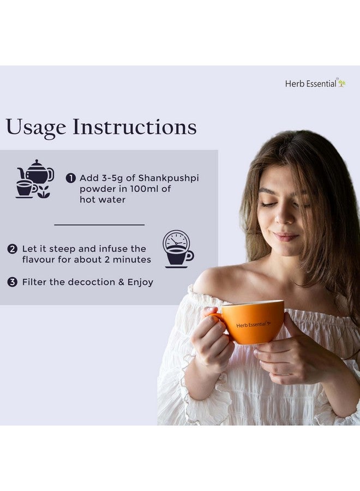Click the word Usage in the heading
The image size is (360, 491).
tap(36, 127)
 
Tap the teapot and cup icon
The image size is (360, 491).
tap(34, 179)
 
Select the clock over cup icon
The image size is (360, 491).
tap(178, 249)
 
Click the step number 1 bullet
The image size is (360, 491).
tap(71, 178)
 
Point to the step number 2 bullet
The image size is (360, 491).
tap(12, 249)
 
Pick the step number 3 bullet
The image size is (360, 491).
tap(12, 282)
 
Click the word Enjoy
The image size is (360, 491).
tap(140, 282)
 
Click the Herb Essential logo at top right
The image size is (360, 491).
tap(315, 83)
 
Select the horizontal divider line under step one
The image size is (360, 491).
tap(99, 224)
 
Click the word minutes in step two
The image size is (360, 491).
tap(132, 260)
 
